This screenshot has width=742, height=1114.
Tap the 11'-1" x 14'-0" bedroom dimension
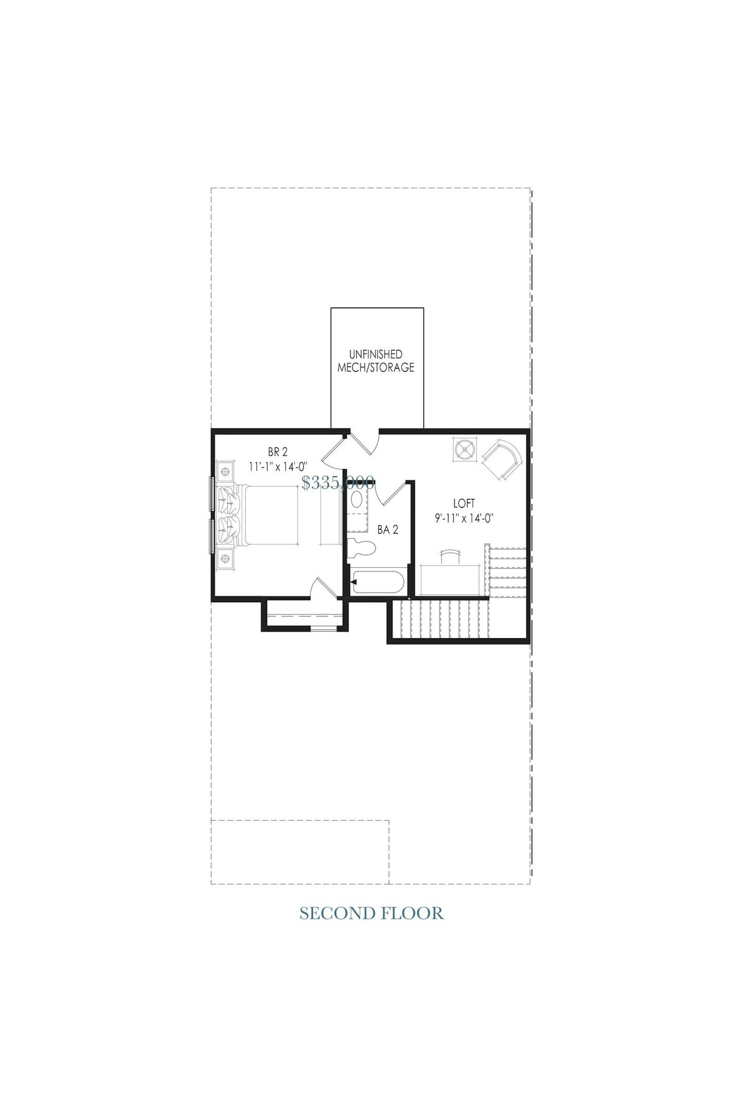pos(278,466)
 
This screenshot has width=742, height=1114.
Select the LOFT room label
pos(464,503)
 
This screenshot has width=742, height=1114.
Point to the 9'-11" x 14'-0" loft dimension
pos(464,518)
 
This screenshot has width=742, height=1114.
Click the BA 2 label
pos(388,530)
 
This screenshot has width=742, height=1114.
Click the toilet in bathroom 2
pos(362,548)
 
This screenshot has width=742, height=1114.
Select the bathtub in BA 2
pos(379,582)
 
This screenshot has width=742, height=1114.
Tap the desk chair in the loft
pos(450,556)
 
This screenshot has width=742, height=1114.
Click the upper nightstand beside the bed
pos(226,472)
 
